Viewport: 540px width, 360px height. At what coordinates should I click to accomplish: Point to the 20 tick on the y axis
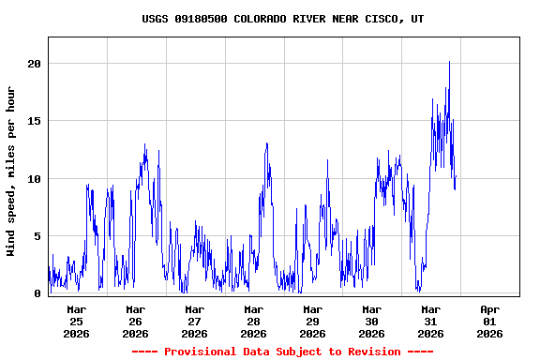34,64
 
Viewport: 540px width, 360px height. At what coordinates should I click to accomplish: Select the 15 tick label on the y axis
34,121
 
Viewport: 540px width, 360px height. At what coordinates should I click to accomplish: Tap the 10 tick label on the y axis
34,179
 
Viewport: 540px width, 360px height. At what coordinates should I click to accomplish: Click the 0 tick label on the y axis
37,293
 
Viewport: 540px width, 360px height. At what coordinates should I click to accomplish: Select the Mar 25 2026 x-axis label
77,321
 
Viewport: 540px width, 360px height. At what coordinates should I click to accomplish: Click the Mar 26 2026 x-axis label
136,321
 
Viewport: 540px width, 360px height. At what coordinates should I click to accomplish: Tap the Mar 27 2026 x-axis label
195,321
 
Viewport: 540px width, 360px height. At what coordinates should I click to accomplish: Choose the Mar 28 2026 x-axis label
254,321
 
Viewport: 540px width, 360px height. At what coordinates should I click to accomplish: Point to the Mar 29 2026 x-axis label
313,321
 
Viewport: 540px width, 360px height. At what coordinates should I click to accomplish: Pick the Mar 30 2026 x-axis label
372,321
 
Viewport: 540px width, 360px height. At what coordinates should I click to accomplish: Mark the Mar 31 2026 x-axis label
431,321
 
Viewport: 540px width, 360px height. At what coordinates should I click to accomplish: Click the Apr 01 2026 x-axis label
490,321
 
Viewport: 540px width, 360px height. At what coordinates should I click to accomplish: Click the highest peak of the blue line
450,62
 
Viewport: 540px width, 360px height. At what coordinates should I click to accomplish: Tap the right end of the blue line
456,177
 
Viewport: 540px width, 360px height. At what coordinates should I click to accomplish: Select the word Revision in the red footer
375,352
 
